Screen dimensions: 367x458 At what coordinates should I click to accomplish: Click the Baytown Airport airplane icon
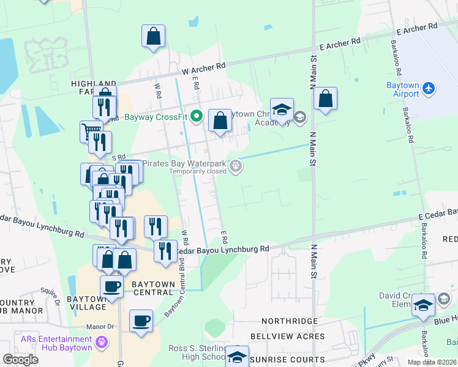[429, 89]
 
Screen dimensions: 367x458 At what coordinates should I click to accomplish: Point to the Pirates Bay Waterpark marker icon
[235, 166]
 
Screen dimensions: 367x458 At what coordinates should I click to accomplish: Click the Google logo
[20, 359]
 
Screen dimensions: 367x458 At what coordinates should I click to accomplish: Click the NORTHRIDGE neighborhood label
[290, 321]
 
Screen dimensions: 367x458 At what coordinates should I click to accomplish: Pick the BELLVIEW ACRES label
[288, 336]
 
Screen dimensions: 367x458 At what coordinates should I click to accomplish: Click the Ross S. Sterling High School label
[197, 353]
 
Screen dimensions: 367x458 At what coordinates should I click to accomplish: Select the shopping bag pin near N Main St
[326, 100]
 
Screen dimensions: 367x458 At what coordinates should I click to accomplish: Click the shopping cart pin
[91, 131]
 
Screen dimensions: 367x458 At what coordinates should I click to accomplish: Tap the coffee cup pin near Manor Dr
[141, 322]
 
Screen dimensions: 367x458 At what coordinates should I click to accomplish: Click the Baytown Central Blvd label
[174, 291]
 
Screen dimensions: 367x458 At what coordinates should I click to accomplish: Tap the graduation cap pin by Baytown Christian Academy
[282, 111]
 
